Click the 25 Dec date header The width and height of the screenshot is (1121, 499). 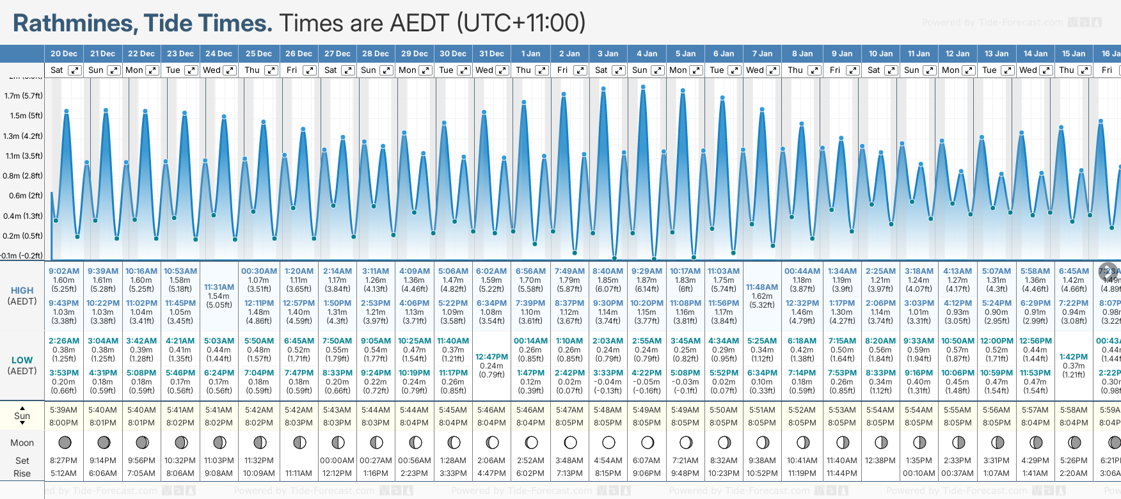[x=258, y=54]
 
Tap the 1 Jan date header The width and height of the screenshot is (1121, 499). [x=530, y=54]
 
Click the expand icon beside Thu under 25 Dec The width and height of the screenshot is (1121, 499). [x=271, y=70]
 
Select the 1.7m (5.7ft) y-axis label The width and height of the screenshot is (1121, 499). [x=23, y=96]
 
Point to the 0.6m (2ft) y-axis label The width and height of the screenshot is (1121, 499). [x=23, y=196]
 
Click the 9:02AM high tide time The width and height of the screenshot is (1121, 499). [x=64, y=271]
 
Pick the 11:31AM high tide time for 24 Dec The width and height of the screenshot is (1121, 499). [x=219, y=287]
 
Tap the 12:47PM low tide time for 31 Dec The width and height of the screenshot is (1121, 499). [x=491, y=357]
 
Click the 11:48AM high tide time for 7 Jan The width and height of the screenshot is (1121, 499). [x=762, y=287]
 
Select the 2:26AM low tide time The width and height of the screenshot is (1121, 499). [x=64, y=341]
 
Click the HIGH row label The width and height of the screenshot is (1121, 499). [x=22, y=290]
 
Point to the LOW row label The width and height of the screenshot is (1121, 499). [x=22, y=360]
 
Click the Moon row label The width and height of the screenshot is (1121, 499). [x=22, y=443]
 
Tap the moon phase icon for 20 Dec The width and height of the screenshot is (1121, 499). [x=64, y=442]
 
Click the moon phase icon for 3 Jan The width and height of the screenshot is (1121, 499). [x=608, y=442]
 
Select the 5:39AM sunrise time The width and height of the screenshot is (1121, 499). [x=64, y=410]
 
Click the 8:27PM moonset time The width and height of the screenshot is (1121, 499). [x=64, y=461]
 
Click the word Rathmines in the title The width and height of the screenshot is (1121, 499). [x=74, y=24]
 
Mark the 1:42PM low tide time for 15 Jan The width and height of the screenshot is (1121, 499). [x=1073, y=357]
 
